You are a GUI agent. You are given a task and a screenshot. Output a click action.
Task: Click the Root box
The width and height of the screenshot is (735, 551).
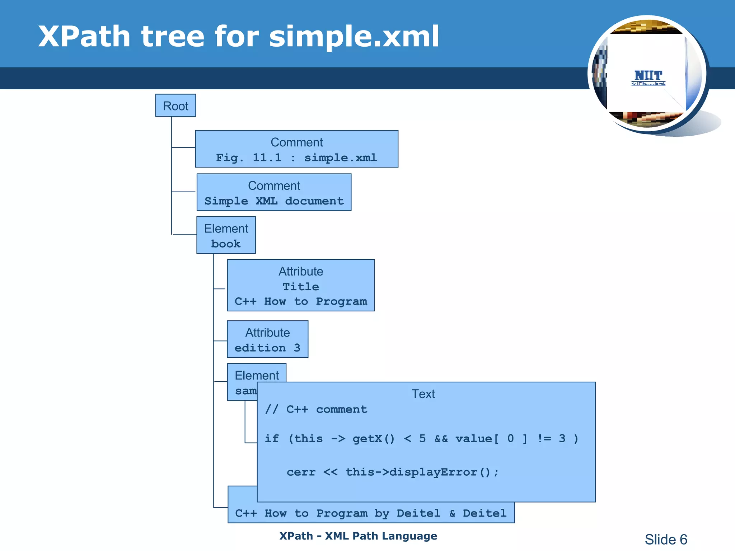(175, 106)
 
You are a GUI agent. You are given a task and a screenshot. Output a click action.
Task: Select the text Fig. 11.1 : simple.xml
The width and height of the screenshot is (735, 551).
(296, 158)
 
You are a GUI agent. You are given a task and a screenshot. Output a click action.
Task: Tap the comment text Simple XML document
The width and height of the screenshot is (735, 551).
(274, 201)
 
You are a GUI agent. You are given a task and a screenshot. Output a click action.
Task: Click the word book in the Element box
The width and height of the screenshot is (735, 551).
(226, 244)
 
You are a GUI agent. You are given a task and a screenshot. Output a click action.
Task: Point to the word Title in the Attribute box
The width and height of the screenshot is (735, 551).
(301, 287)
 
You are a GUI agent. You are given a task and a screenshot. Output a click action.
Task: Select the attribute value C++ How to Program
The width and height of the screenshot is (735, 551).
(301, 302)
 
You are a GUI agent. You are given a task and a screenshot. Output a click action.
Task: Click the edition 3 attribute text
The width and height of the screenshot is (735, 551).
(267, 348)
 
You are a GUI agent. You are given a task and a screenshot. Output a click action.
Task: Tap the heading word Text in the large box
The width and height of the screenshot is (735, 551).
(423, 394)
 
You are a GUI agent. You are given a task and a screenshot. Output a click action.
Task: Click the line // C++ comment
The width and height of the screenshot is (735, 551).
(316, 410)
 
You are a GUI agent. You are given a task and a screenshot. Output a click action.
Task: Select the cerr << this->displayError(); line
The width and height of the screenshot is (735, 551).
(393, 472)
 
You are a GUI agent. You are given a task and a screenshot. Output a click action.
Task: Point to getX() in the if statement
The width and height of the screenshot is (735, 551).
(374, 439)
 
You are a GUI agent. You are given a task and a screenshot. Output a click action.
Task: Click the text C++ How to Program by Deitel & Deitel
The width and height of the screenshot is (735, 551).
(371, 513)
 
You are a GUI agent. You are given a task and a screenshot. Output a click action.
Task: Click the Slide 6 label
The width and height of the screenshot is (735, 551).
(666, 540)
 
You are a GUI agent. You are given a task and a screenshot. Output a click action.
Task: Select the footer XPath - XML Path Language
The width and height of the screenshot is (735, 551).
(358, 536)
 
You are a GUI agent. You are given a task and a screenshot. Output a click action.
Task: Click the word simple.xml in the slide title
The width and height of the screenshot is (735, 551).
(354, 37)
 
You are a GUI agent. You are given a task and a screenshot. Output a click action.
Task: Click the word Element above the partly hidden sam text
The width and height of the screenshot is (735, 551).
(257, 376)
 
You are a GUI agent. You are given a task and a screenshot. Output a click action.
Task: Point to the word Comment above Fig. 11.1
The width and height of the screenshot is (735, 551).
(296, 142)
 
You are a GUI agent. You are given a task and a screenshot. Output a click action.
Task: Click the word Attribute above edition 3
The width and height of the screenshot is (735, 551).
(267, 333)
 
